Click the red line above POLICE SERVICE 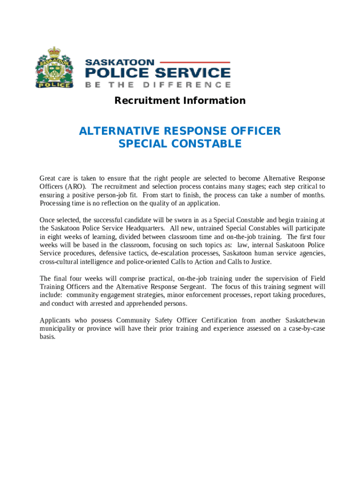(196, 62)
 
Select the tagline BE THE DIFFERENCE (158, 85)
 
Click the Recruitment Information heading (180, 101)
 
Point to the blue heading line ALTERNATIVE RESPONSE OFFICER (180, 131)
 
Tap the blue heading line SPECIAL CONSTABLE (180, 144)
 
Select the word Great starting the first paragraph (49, 178)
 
